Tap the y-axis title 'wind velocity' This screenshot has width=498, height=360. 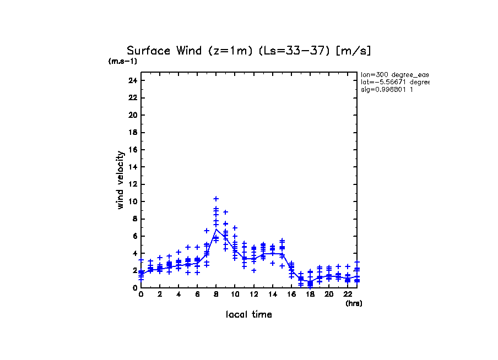(x=121, y=180)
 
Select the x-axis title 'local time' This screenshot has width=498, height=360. (x=248, y=315)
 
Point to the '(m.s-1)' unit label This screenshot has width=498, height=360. (x=123, y=61)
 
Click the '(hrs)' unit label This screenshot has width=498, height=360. (x=354, y=303)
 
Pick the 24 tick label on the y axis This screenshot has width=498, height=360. (x=132, y=80)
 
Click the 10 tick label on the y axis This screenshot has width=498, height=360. (x=132, y=201)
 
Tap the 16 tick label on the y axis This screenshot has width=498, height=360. (x=132, y=150)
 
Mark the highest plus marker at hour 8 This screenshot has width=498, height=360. (x=216, y=199)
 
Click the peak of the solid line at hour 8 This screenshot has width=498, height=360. (x=216, y=230)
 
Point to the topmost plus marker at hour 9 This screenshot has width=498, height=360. (x=225, y=212)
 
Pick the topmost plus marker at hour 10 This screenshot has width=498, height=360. (x=235, y=227)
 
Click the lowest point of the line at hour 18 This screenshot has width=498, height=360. (x=310, y=282)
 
